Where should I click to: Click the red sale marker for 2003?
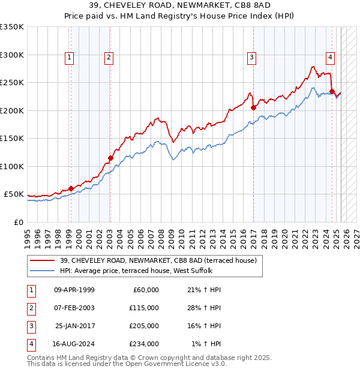(x=110, y=158)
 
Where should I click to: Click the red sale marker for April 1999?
(x=71, y=188)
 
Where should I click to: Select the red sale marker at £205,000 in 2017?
(x=253, y=108)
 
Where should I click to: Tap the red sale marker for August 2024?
(x=332, y=92)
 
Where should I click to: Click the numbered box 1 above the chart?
(x=70, y=58)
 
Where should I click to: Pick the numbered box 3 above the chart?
(x=251, y=58)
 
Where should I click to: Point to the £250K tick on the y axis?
(x=12, y=82)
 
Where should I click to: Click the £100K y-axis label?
(x=12, y=166)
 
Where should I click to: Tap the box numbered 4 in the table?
(x=30, y=344)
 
